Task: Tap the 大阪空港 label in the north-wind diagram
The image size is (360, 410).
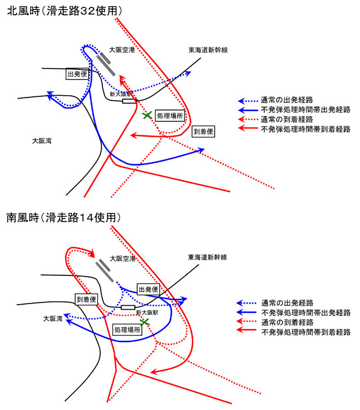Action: (122, 50)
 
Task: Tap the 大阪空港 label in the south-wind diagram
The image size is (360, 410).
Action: (123, 259)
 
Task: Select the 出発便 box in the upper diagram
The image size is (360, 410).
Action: (77, 74)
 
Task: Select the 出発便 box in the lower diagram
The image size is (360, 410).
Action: (148, 289)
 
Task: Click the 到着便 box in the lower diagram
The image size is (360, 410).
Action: (86, 299)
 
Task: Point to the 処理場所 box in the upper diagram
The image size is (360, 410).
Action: (169, 114)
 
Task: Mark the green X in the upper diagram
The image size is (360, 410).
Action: (147, 115)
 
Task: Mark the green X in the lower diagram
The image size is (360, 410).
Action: (145, 322)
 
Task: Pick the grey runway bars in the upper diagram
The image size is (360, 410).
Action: (105, 64)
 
